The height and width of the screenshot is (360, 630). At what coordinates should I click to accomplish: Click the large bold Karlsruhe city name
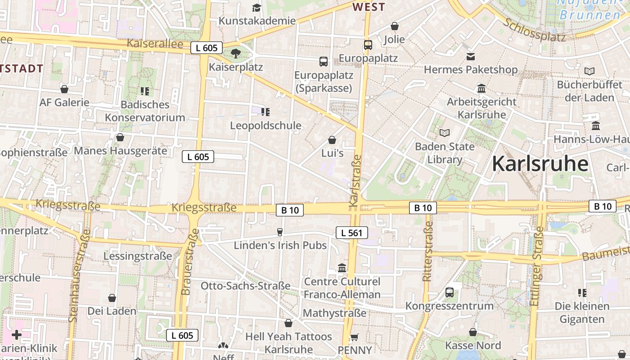click(540, 164)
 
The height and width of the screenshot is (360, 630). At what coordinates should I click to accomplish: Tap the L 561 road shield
click(352, 233)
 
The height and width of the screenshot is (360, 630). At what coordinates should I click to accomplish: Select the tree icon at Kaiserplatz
click(235, 54)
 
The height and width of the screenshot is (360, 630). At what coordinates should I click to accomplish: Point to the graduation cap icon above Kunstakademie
click(256, 8)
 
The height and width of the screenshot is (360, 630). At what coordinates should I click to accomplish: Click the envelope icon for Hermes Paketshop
click(471, 57)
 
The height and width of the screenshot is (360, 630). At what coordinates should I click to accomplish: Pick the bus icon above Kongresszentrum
click(449, 292)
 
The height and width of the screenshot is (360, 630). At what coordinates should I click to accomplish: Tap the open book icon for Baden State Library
click(445, 133)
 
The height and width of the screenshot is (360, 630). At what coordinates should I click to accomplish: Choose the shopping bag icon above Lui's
click(332, 140)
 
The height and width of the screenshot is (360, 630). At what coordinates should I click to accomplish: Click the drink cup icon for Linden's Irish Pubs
click(280, 232)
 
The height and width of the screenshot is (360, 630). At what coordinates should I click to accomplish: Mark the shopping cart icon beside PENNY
click(355, 337)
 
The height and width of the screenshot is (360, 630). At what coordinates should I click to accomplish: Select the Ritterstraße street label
click(427, 251)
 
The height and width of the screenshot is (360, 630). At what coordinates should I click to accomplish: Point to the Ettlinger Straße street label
click(537, 266)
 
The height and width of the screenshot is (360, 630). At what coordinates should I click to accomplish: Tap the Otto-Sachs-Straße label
click(245, 286)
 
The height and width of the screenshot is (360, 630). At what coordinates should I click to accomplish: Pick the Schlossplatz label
click(535, 30)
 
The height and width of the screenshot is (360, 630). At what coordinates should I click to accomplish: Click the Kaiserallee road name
click(155, 44)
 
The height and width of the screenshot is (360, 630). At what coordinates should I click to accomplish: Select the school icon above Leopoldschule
click(265, 112)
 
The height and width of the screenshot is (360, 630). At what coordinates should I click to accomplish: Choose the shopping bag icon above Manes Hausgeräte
click(120, 137)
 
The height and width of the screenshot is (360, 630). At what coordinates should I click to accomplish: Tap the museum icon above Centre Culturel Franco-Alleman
click(342, 268)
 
